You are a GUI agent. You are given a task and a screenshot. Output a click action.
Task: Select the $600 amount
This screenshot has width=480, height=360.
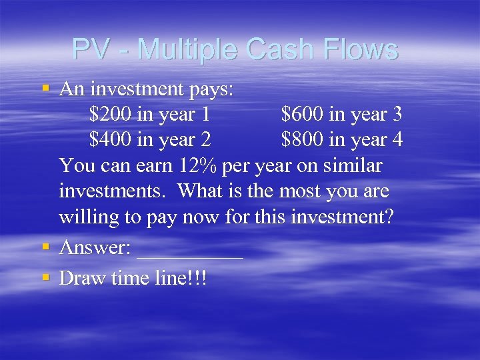coord(303,114)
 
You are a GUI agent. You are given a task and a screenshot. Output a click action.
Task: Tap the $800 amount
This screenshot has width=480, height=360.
coord(303,140)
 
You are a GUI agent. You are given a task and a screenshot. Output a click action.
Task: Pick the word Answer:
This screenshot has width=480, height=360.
coord(95,247)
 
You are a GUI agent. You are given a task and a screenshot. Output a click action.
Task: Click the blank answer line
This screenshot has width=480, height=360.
coord(190,253)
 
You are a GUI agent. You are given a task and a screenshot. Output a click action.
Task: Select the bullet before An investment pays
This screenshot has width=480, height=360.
coord(45,87)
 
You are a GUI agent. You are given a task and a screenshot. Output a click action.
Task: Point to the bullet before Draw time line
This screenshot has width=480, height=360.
coord(45,277)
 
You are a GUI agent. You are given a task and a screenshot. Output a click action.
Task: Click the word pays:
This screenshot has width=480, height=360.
coord(208,89)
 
